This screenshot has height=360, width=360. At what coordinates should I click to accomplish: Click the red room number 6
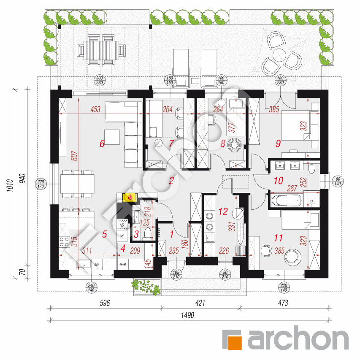coord(102,143)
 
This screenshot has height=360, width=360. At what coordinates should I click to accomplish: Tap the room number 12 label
coord(223,211)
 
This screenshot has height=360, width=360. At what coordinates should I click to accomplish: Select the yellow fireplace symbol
coord(130,197)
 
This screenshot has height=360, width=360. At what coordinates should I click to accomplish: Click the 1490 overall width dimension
coord(187,315)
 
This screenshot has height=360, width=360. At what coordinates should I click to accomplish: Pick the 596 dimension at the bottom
coord(105,303)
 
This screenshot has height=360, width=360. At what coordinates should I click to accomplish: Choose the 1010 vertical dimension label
coord(10,186)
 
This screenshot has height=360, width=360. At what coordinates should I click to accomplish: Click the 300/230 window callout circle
coord(100,80)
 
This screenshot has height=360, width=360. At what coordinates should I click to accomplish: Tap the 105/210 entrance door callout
coord(176,275)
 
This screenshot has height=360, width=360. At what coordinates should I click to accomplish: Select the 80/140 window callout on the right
coord(338,181)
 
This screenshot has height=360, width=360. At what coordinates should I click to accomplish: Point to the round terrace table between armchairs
coord(279,54)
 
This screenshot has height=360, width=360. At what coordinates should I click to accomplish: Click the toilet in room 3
coord(147,233)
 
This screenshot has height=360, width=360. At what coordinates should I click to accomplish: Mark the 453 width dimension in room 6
coord(95,109)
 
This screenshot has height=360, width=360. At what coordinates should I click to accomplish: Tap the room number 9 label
coord(278,143)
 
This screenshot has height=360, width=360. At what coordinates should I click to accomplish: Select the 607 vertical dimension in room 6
coord(75,155)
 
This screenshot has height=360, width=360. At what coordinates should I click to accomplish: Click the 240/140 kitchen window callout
coord(91,288)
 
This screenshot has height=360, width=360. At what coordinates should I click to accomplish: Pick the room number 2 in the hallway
coord(171,181)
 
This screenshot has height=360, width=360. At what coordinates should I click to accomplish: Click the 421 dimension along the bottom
coord(200,303)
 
